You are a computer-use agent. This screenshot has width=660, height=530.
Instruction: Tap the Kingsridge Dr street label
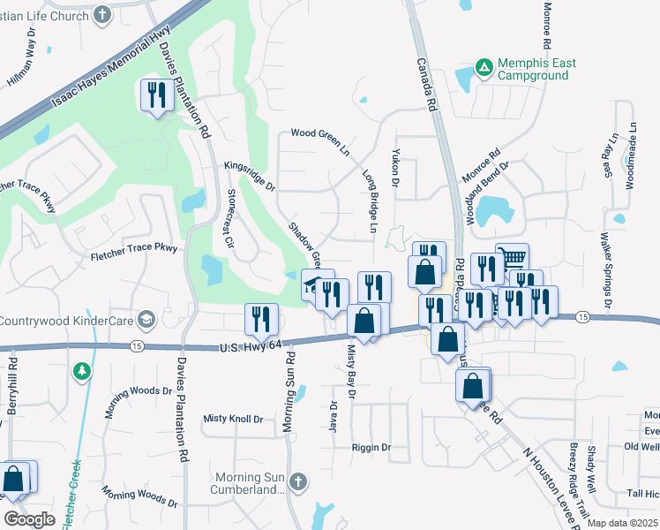tap(250, 175)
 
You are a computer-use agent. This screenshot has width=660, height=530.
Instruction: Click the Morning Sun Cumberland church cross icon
tap(298, 481)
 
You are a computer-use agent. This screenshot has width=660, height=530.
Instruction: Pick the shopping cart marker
tap(512, 258)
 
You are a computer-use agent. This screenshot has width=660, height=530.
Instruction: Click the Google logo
tap(29, 519)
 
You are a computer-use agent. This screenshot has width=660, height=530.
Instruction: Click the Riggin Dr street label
tap(371, 448)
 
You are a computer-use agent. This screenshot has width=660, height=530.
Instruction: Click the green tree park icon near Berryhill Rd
tap(82, 370)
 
